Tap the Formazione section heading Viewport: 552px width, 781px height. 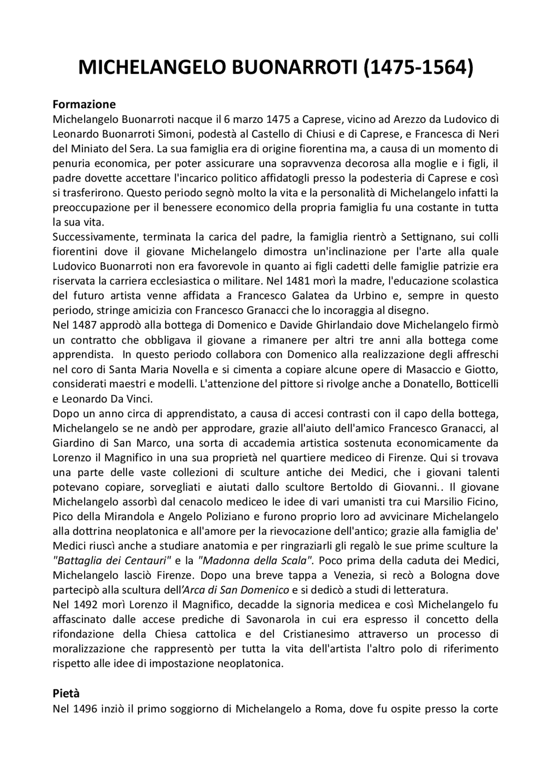point(84,104)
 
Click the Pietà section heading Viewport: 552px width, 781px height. point(66,693)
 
